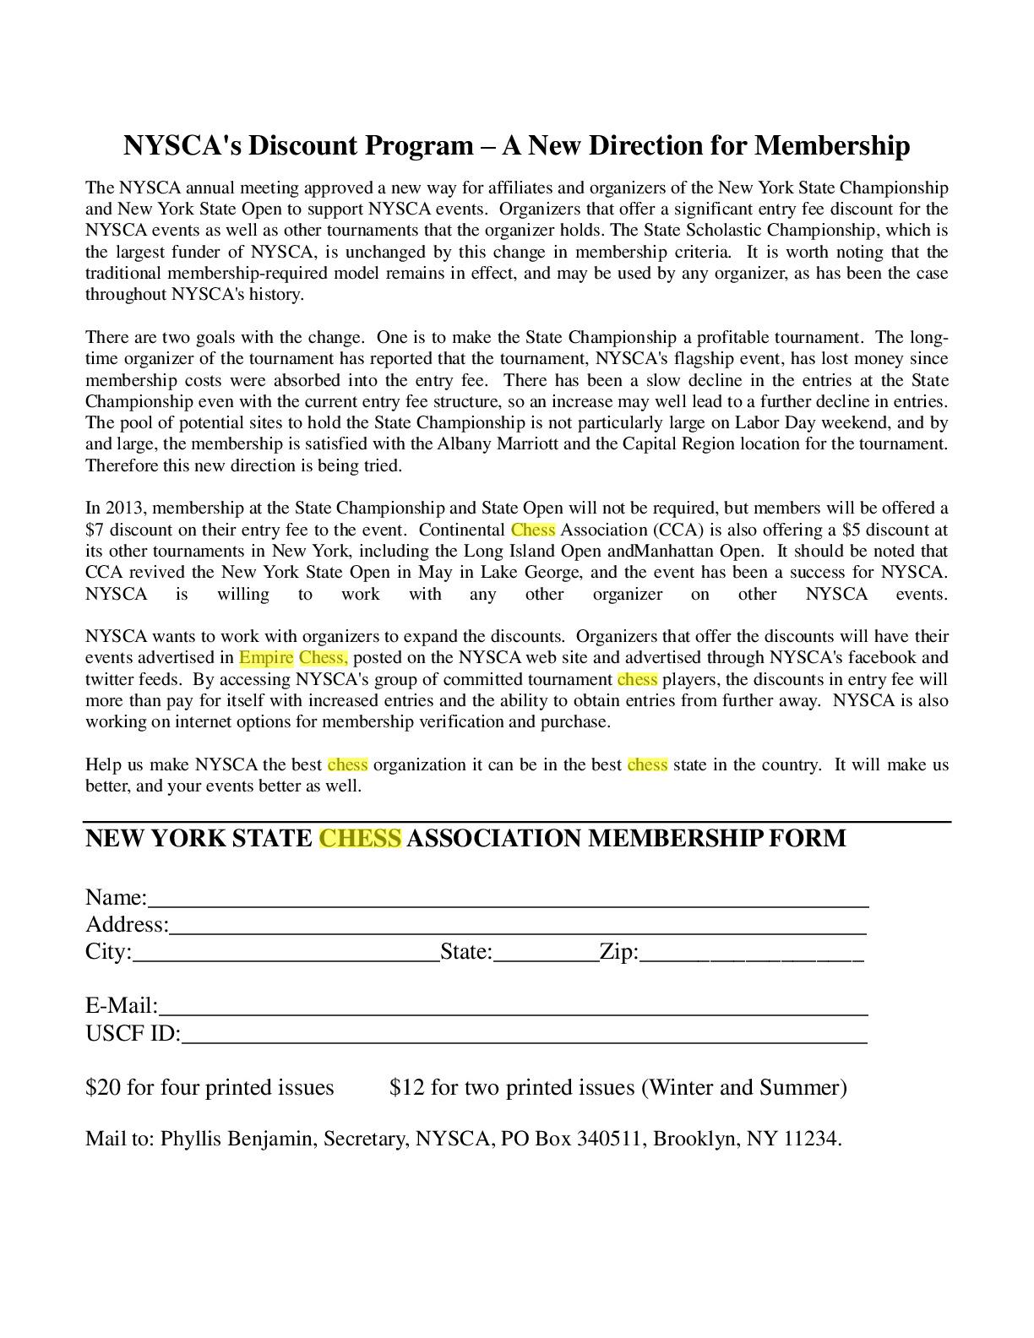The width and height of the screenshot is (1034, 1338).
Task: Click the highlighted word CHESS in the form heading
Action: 360,838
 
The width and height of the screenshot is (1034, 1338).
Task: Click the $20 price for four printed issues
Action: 103,1087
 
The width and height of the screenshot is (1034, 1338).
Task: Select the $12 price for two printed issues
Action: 407,1087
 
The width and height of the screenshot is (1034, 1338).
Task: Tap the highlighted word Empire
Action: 266,657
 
